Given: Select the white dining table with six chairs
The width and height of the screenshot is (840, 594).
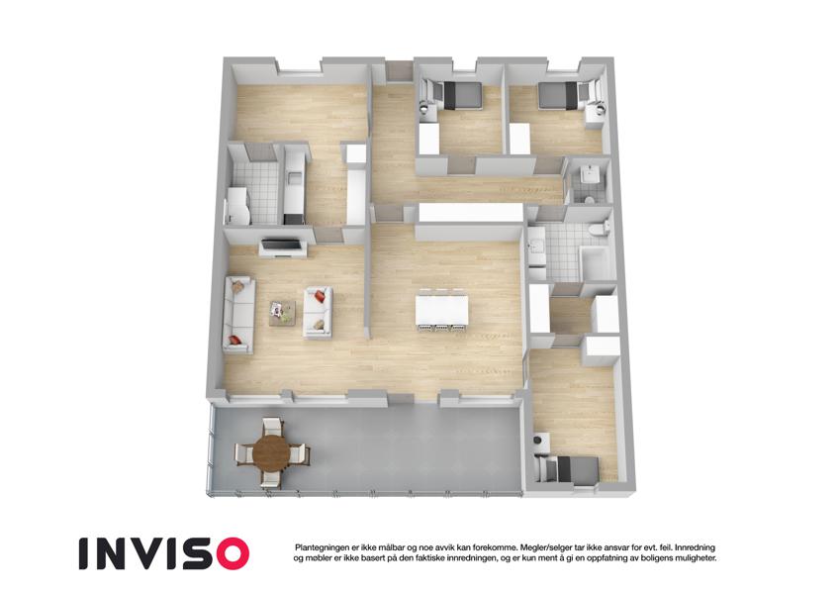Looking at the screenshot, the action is [442, 310].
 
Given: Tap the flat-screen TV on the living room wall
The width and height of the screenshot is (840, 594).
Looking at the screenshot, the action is [282, 245].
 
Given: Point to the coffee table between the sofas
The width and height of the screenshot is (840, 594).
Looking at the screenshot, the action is [282, 313].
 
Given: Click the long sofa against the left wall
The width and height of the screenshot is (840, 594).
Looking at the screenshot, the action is [238, 315].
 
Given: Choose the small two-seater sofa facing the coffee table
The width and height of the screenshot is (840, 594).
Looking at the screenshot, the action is [318, 313].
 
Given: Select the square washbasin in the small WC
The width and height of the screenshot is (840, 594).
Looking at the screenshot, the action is [589, 173].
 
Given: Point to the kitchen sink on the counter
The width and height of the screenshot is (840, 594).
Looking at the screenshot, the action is [294, 176].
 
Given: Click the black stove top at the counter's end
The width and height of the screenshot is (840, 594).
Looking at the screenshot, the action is [293, 219].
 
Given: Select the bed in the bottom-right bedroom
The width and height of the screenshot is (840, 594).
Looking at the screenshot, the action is [571, 469].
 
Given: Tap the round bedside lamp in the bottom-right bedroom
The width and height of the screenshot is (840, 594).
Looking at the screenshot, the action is [538, 441].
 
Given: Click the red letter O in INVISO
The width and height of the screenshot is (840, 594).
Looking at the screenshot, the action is [229, 553].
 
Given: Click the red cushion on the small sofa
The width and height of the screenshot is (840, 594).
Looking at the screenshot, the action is [320, 295].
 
